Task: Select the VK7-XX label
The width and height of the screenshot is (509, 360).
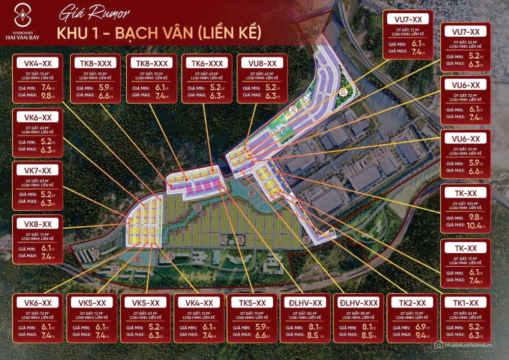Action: tap(38, 170)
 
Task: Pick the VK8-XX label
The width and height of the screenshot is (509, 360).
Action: tap(38, 224)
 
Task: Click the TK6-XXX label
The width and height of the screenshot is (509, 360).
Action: tap(207, 63)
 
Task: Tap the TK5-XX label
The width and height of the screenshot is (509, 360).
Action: tap(252, 302)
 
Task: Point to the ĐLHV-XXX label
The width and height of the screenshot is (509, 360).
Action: tap(358, 302)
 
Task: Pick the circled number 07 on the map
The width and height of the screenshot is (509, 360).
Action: tap(343, 93)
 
